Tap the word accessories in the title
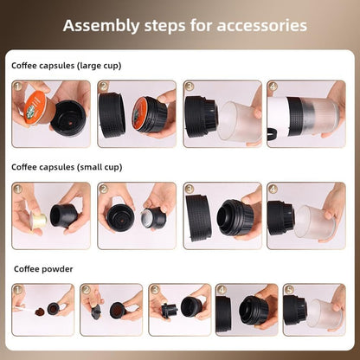pos(260,25)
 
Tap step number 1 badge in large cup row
pos(17,87)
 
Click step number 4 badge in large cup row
pos(273,87)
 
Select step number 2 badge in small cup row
pos(103,189)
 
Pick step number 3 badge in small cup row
pos(189,189)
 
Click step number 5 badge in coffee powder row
pos(290,290)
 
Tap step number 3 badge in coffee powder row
pos(154,290)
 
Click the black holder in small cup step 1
pos(65,215)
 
